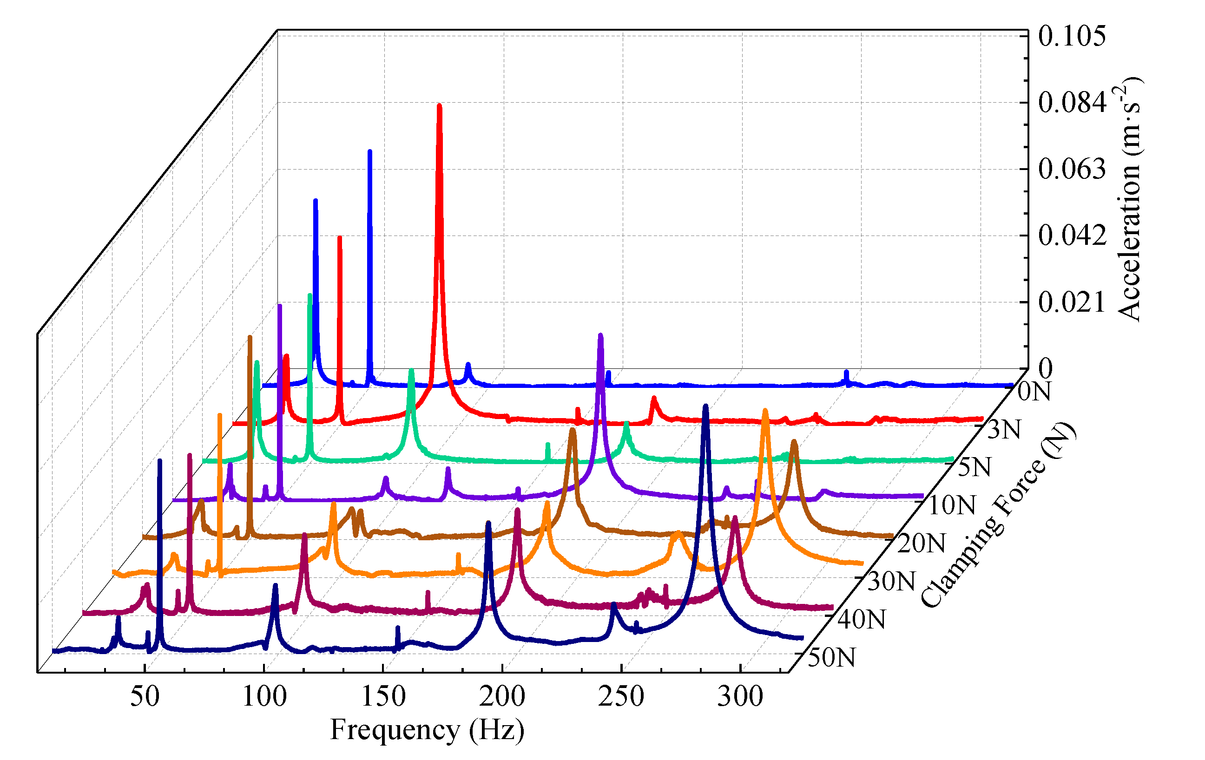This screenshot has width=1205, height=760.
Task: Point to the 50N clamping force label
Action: pos(831,657)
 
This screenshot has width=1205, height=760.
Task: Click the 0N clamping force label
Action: pos(1034,391)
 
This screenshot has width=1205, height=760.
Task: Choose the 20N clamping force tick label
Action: pos(921,544)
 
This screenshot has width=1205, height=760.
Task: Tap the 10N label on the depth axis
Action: pos(951,505)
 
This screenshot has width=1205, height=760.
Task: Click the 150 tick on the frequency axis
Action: pos(383,696)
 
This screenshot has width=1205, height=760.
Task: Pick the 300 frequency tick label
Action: pos(740,696)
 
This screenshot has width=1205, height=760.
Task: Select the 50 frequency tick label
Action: pos(145,696)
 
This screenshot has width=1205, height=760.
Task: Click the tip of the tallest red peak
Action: pos(439,106)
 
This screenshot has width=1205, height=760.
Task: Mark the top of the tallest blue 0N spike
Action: pos(370,151)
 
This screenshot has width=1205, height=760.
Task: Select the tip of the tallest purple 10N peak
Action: pos(600,335)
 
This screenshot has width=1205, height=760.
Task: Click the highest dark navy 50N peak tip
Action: pos(705,406)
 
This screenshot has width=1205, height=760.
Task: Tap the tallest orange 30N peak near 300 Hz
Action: pos(764,411)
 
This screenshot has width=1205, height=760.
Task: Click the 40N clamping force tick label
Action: pos(861,619)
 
